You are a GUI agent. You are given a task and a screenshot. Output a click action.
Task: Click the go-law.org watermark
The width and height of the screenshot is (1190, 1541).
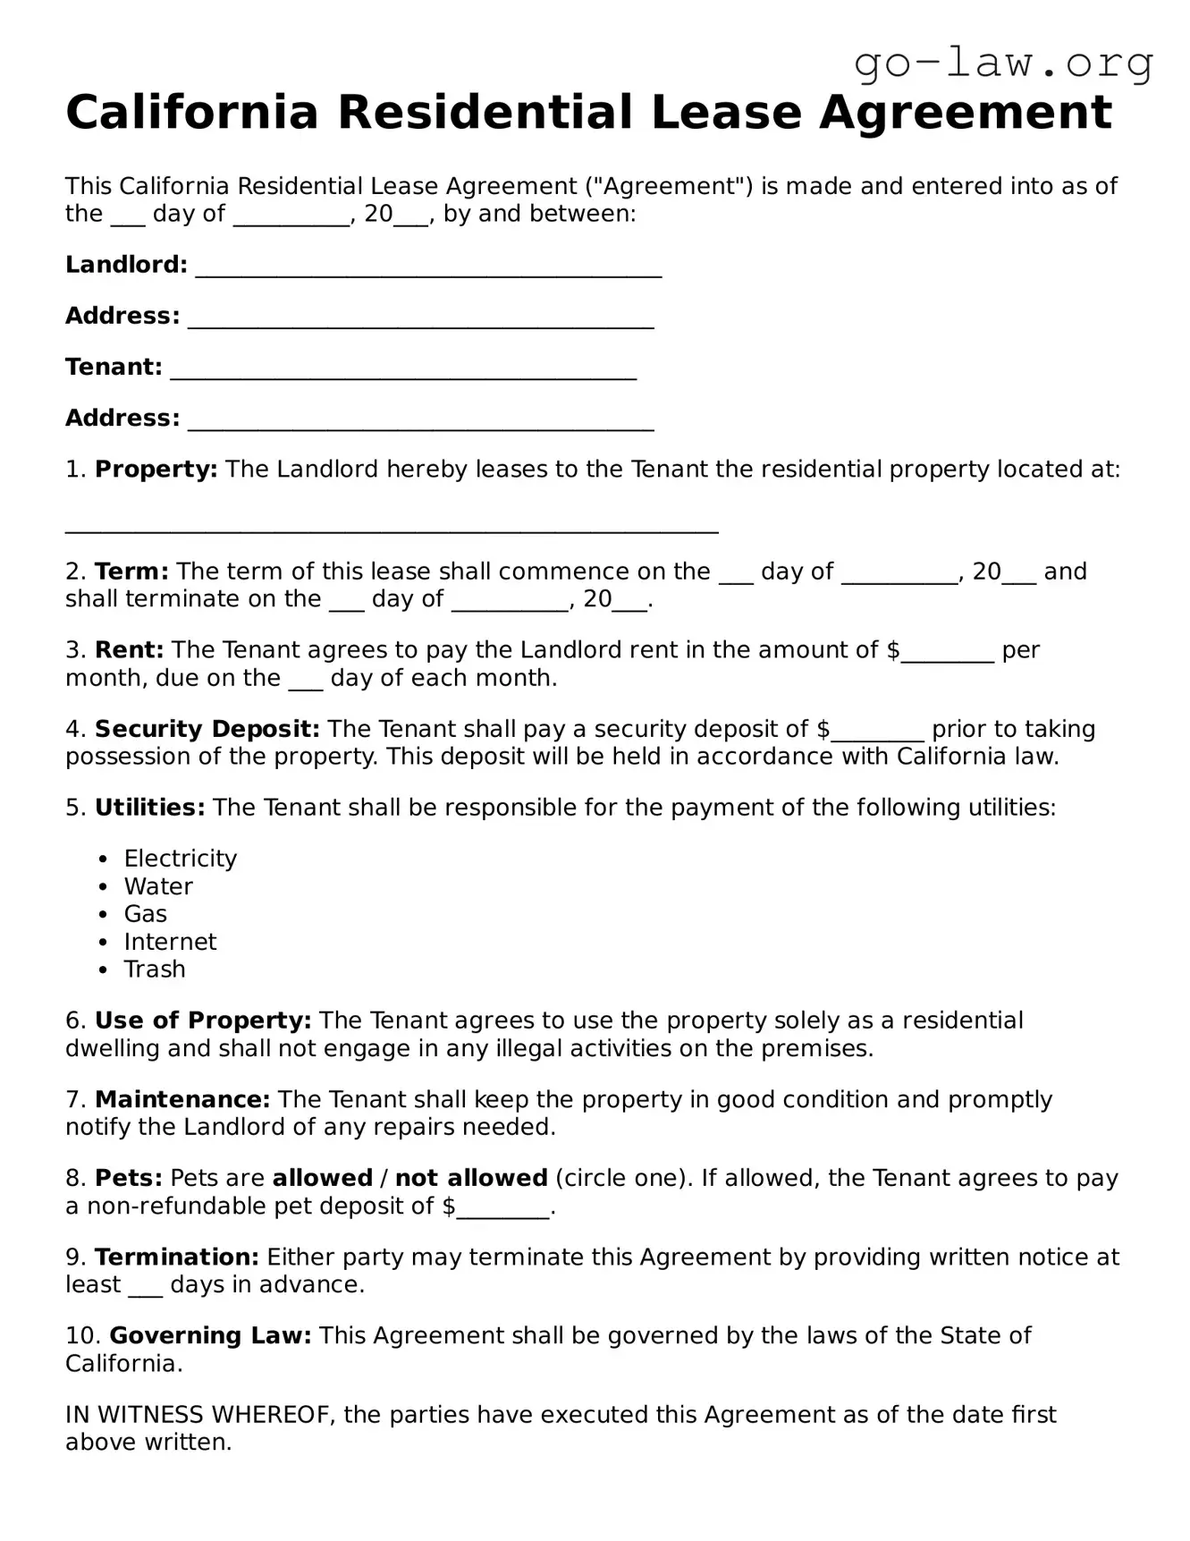point(1003,63)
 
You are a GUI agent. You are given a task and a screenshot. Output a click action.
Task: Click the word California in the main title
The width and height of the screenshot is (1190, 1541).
point(192,114)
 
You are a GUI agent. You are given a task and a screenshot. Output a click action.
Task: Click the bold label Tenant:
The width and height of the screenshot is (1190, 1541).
point(114,367)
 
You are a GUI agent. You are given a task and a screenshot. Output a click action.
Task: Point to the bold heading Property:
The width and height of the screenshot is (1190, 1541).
point(156,470)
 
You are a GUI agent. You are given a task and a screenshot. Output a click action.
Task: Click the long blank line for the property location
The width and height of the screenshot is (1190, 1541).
point(392,528)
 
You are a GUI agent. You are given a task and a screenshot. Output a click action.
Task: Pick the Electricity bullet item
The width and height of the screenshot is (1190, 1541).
point(180,859)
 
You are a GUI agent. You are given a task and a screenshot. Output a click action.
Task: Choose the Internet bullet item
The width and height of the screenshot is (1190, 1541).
point(170,942)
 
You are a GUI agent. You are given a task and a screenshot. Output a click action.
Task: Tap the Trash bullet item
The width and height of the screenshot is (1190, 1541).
point(155,969)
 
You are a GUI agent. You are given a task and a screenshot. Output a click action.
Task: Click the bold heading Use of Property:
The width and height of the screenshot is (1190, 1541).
point(203,1020)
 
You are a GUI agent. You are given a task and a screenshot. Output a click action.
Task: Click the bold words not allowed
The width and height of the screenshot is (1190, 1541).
point(471,1178)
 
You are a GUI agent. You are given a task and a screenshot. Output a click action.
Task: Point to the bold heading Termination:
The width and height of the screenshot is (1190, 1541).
point(177,1257)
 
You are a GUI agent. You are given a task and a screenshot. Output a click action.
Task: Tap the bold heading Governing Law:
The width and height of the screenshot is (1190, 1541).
point(210,1335)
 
